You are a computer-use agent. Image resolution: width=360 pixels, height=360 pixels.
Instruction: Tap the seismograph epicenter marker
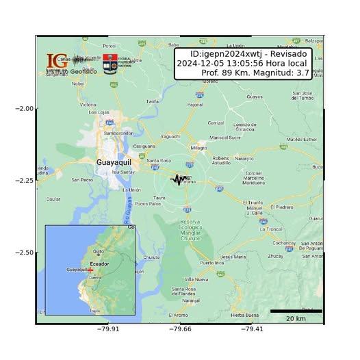[x=179, y=180]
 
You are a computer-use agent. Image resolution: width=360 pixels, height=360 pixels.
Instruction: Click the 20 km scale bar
[x=296, y=311]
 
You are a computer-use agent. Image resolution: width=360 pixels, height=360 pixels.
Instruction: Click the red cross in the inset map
[x=90, y=270]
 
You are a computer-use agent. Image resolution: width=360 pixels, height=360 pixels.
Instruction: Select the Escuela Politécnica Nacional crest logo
[x=109, y=64]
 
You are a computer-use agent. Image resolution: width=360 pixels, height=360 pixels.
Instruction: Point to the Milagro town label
[x=199, y=147]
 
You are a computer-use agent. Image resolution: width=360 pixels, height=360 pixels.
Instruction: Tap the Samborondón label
[x=117, y=133]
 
